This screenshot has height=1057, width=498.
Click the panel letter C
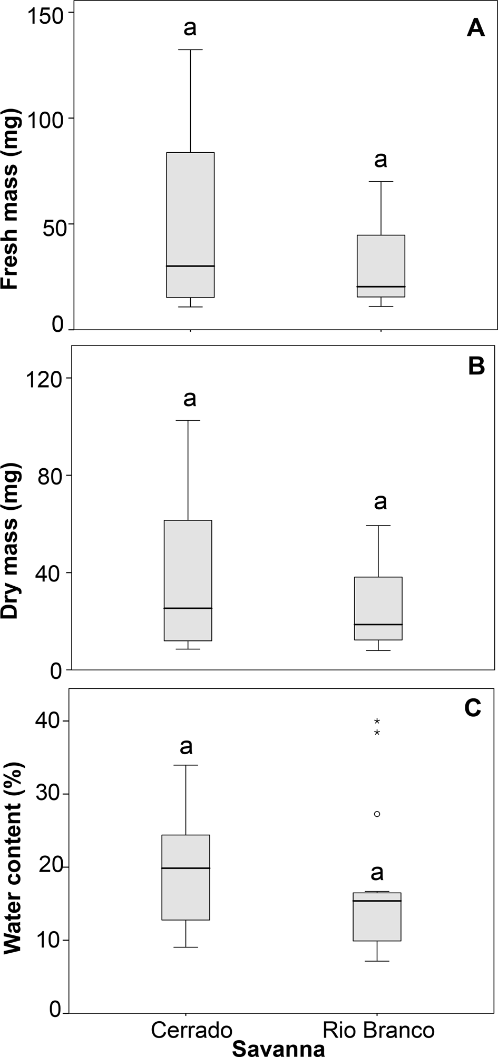pos(472,708)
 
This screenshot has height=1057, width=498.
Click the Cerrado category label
pos(192,1030)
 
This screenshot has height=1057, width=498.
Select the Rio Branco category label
pos(378,1030)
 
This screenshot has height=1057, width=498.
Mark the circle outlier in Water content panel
pos(377,814)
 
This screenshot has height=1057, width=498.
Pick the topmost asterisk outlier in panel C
pos(377,721)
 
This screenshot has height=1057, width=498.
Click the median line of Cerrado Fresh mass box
pos(190,266)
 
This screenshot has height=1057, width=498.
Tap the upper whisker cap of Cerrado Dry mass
pos(188,420)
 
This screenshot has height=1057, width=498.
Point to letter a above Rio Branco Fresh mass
pos(380,159)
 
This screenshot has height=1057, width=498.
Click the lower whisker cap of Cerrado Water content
pos(185,947)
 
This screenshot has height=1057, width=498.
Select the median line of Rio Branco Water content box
pos(377,901)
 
